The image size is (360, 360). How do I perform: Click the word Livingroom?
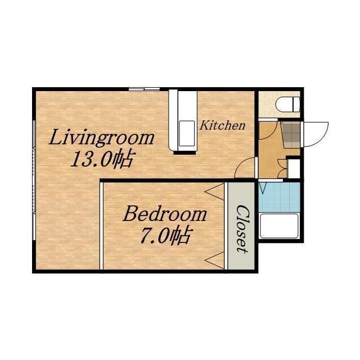[x=101, y=138]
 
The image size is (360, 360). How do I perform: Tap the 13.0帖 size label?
[x=102, y=159]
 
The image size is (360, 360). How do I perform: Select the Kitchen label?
[x=222, y=125]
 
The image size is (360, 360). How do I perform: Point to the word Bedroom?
[x=165, y=214]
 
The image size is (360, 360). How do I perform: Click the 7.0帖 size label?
[x=165, y=235]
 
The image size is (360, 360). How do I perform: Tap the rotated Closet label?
[x=242, y=229]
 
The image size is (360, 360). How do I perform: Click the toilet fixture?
[x=287, y=105]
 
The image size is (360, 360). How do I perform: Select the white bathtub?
[x=280, y=226]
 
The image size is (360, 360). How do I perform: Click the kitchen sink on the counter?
[x=187, y=133]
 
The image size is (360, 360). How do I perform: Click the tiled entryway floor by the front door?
[x=291, y=135]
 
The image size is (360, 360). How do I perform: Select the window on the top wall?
[x=144, y=89]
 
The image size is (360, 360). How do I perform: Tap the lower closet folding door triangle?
[x=214, y=260]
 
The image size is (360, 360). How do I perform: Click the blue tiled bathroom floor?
[x=280, y=197]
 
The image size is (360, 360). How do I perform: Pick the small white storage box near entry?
[x=294, y=168]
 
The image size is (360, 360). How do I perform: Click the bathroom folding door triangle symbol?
[x=263, y=188]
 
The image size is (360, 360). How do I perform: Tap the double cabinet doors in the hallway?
[x=282, y=169]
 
